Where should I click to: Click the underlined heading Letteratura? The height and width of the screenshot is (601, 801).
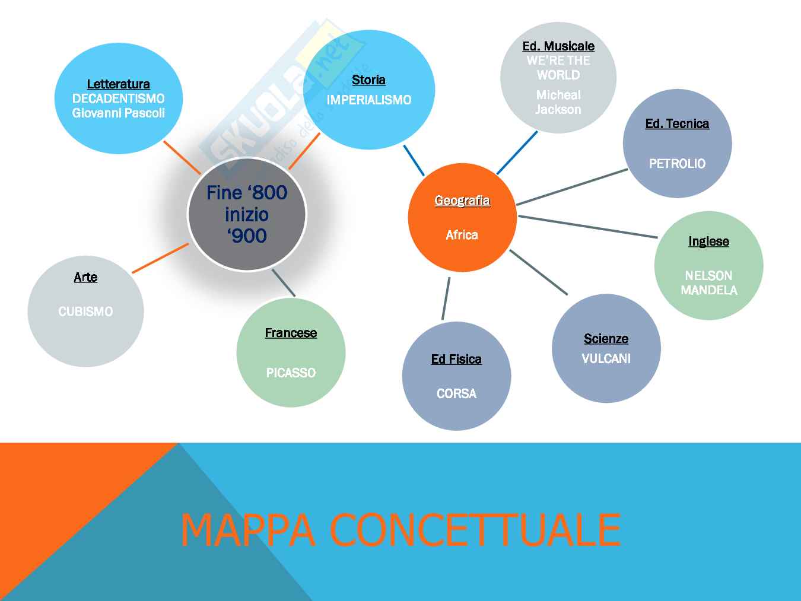[x=118, y=84]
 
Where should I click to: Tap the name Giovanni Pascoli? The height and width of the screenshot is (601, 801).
[x=118, y=113]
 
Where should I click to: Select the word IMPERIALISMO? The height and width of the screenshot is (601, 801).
[x=368, y=100]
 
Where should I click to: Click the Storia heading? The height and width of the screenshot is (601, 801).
[x=368, y=80]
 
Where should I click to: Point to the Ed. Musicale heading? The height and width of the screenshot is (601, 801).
[x=558, y=46]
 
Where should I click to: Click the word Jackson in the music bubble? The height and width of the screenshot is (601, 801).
[x=558, y=109]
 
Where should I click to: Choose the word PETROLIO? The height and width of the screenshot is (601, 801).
[x=677, y=163]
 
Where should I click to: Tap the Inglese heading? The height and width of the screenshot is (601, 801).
[x=708, y=241]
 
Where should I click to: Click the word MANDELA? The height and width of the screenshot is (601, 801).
[x=709, y=290]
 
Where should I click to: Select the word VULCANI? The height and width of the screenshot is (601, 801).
[x=606, y=358]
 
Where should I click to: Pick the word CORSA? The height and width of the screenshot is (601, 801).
[x=456, y=393]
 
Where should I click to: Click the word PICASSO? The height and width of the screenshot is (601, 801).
[x=291, y=373]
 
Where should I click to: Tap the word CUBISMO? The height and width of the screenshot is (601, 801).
[x=85, y=311]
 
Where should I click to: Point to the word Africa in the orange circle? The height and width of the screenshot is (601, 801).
[x=462, y=235]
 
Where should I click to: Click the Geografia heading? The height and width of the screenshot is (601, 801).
[x=462, y=201]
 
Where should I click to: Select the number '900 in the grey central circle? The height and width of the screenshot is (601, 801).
[x=247, y=236]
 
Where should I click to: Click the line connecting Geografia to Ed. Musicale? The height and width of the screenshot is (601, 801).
[x=517, y=152]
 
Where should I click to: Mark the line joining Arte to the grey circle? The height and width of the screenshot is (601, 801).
[x=160, y=258]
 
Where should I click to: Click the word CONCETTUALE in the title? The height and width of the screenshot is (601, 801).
[x=475, y=529]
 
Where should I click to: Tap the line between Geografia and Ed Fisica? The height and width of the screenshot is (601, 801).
[x=446, y=298]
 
